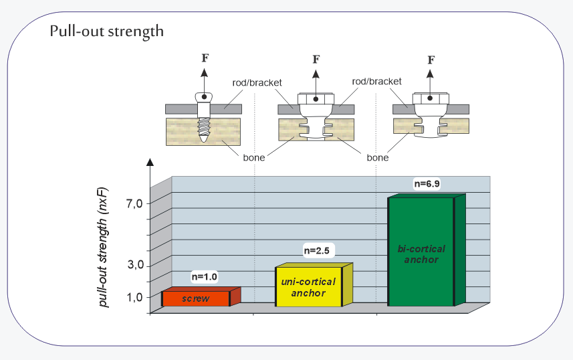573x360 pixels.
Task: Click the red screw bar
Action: click(196, 298)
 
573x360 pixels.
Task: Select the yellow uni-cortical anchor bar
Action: click(309, 287)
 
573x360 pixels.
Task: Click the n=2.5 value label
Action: click(318, 250)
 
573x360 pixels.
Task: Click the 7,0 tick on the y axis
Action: click(135, 203)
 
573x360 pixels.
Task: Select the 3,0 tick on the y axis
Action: click(135, 265)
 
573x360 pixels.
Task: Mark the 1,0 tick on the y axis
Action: click(135, 296)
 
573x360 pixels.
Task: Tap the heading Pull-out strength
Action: click(106, 31)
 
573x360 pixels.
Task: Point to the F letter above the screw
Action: click(205, 58)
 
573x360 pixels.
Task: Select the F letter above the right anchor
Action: click(431, 60)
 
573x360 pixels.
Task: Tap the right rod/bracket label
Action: click(376, 81)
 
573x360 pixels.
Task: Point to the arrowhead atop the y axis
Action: click(150, 161)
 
